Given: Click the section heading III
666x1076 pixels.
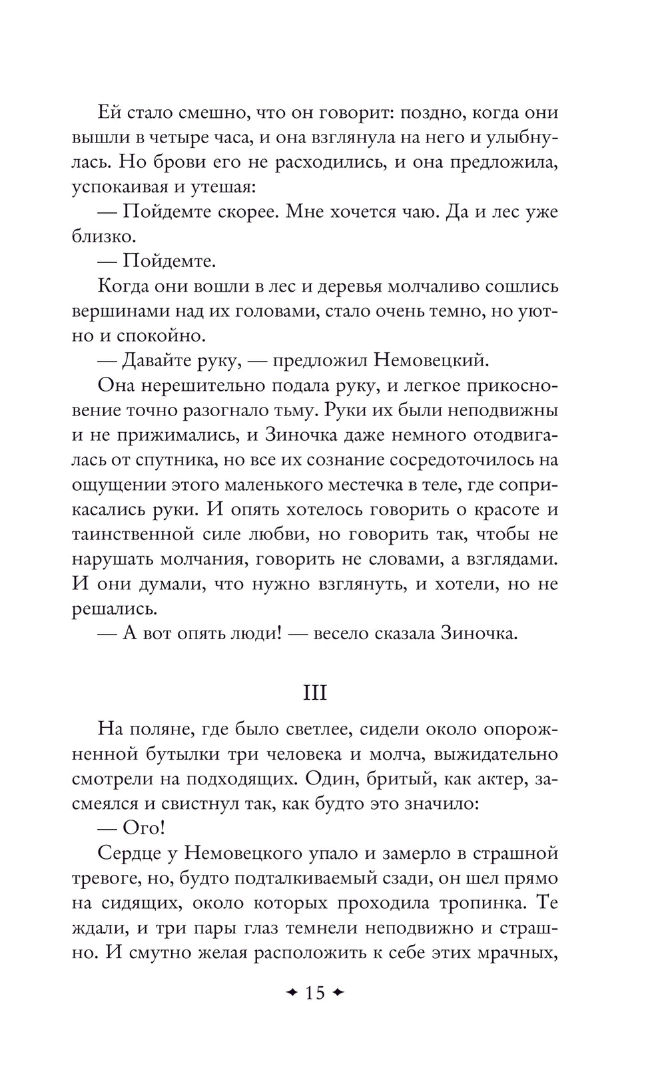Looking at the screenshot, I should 315,693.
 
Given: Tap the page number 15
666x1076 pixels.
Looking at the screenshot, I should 314,993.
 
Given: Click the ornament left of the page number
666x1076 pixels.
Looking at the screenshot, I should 290,993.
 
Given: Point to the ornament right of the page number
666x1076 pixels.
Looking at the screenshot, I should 338,993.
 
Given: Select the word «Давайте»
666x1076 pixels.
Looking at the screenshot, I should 155,361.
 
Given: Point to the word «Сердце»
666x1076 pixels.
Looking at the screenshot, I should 130,853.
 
